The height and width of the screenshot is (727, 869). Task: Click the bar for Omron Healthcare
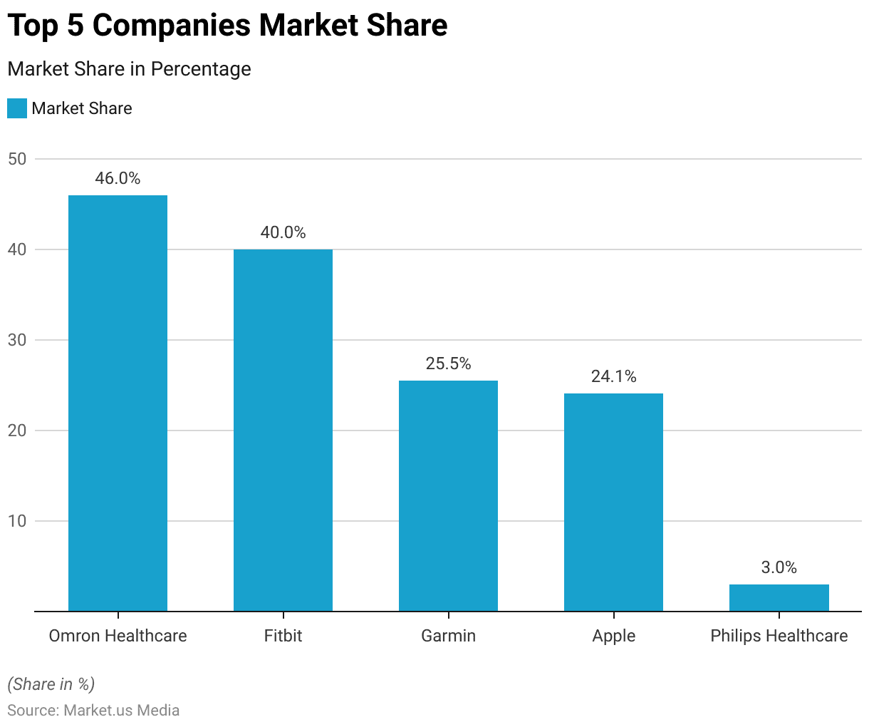[118, 403]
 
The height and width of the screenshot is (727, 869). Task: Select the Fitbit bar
[283, 430]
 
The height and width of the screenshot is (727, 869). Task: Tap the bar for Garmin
[448, 496]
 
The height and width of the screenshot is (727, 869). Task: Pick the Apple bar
[613, 502]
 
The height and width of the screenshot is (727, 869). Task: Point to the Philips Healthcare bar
[779, 598]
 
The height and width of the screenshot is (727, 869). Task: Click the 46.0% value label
[118, 178]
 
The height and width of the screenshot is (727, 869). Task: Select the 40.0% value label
[283, 232]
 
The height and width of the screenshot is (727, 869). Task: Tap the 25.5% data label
[448, 363]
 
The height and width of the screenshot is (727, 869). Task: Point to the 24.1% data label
[613, 376]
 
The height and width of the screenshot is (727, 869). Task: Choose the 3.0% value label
[779, 567]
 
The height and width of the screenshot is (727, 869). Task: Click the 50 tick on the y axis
[17, 159]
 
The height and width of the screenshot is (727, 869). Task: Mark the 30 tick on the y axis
[17, 340]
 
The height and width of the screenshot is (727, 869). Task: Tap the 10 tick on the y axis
[17, 521]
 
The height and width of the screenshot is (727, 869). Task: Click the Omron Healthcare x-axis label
[118, 636]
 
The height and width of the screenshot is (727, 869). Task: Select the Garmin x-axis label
[448, 636]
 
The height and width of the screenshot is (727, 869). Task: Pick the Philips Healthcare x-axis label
[779, 636]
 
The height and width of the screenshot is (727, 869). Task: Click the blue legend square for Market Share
[17, 108]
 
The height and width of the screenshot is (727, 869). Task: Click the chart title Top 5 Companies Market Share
[227, 26]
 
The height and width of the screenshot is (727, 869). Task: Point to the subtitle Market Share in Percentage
[129, 69]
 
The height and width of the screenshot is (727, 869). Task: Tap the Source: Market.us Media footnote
[93, 711]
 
